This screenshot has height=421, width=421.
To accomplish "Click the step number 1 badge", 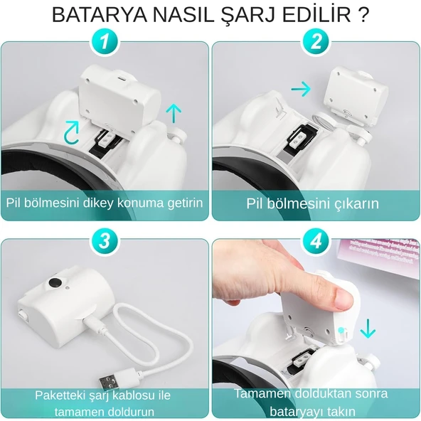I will tap(105, 43).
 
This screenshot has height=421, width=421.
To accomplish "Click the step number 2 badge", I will tap(315, 43).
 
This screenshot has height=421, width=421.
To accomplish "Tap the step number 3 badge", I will tap(105, 241).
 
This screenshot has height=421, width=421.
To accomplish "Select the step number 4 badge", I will tap(315, 241).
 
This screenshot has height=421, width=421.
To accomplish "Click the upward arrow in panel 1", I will tap(171, 112).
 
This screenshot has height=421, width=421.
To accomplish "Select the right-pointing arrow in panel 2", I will tap(302, 89).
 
